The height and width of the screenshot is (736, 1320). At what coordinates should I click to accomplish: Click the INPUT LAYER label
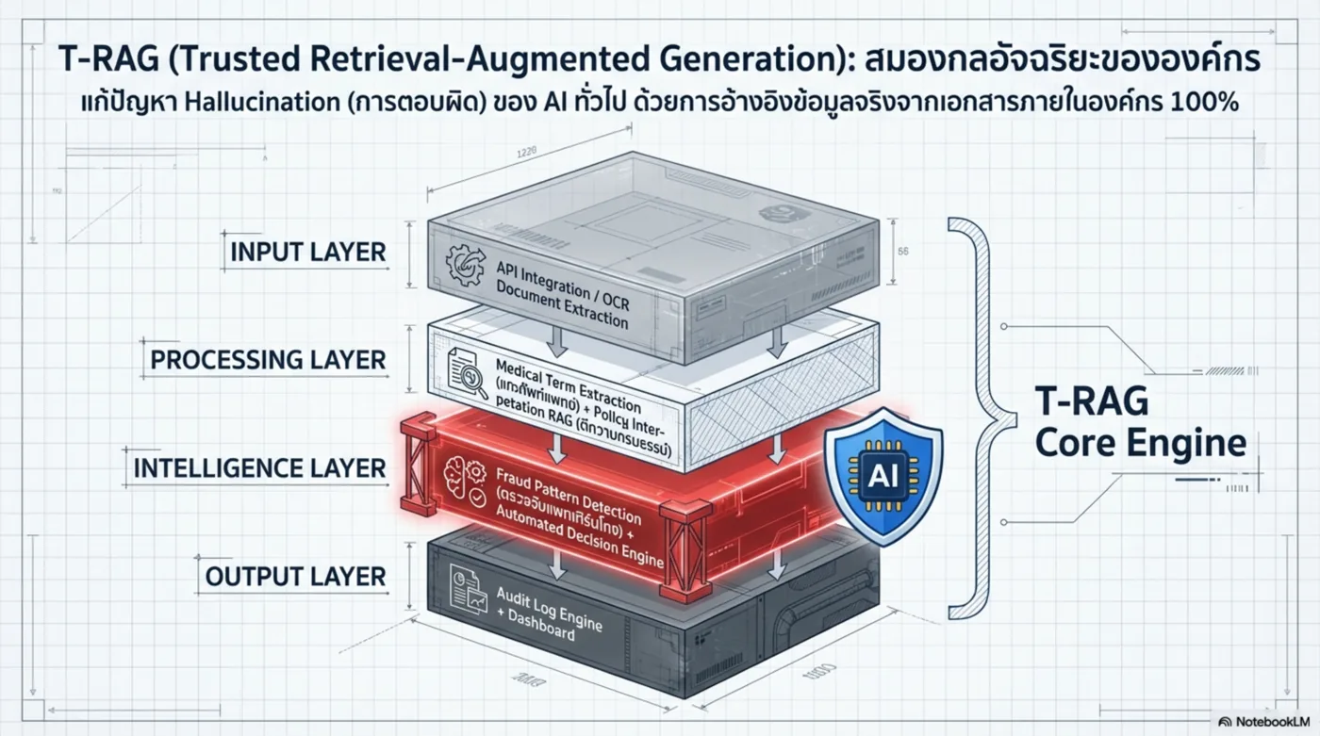[308, 253]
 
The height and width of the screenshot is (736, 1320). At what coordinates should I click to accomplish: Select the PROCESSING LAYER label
[268, 360]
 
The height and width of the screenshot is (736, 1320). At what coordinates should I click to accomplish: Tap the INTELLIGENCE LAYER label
[259, 468]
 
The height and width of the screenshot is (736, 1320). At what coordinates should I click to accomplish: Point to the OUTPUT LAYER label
[296, 576]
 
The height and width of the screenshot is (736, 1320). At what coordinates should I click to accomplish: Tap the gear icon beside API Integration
[467, 262]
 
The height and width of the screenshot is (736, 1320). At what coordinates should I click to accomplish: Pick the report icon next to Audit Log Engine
[464, 581]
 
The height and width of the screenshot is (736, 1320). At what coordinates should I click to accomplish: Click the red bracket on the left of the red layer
[417, 466]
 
